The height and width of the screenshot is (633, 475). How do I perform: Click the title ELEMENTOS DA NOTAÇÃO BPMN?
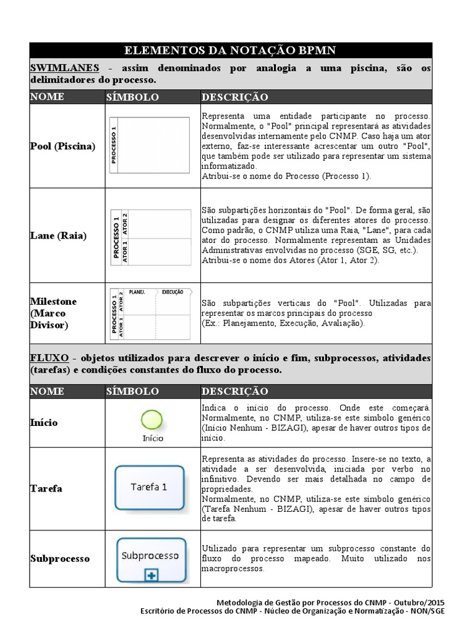(x=231, y=50)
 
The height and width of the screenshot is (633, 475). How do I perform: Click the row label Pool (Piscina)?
(x=62, y=147)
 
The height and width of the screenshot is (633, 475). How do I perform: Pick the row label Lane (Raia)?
(x=58, y=236)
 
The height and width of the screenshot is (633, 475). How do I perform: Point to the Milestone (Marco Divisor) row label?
(x=54, y=313)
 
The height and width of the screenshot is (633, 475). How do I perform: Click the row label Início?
(x=44, y=422)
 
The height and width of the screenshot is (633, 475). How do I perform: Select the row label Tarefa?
(x=46, y=488)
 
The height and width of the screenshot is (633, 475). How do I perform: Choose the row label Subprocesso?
(x=60, y=558)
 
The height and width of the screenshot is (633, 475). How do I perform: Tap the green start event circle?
(x=152, y=420)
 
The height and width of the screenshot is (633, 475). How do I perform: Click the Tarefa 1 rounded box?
(x=149, y=487)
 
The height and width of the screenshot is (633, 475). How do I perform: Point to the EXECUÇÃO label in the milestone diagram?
(x=173, y=292)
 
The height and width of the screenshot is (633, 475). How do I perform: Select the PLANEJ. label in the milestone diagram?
(x=137, y=292)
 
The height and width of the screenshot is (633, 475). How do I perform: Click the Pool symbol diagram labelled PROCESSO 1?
(x=150, y=145)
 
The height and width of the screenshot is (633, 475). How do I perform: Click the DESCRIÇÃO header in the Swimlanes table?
(x=234, y=97)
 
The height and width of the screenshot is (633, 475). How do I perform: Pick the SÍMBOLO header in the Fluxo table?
(x=132, y=391)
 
